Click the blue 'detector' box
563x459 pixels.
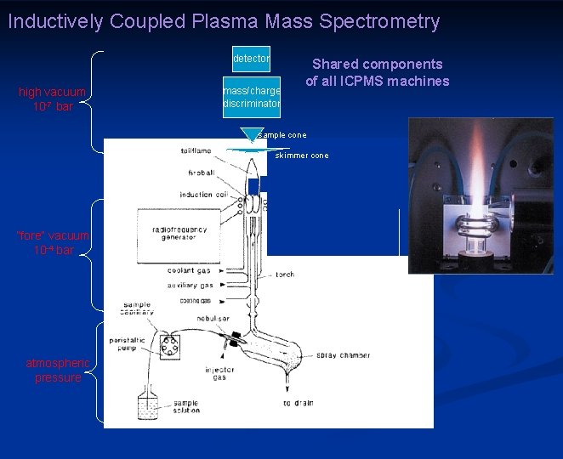click(x=251, y=59)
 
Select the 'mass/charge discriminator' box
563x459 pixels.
click(x=251, y=97)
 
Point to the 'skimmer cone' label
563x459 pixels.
click(x=301, y=156)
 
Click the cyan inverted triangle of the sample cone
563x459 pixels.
click(x=249, y=135)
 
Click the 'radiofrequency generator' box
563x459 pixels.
click(x=174, y=234)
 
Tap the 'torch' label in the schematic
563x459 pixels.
click(x=284, y=275)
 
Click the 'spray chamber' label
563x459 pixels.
click(x=343, y=355)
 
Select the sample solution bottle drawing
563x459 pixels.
click(x=151, y=407)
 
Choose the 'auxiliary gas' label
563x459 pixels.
click(x=190, y=286)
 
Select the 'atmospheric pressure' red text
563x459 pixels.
click(x=58, y=371)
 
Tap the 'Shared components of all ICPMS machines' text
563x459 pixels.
click(x=377, y=72)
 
